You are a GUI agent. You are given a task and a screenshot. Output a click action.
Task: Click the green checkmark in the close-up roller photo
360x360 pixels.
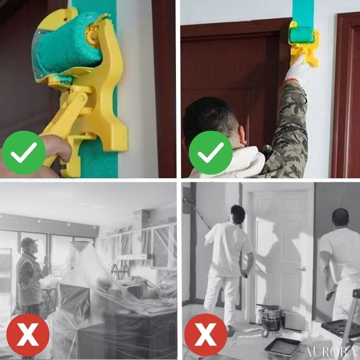[24, 153]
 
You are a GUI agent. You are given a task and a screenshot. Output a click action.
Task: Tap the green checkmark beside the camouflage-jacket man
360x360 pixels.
[211, 153]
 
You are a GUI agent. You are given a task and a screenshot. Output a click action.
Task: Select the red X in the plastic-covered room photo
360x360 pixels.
[28, 335]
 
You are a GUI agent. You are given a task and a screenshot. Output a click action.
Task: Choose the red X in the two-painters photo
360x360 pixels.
[206, 335]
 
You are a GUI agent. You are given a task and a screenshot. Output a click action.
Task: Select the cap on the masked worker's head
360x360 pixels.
[28, 242]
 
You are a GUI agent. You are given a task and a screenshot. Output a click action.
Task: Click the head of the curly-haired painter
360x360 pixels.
[238, 214]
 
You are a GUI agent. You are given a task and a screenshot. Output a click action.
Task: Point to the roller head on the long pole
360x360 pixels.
[189, 200]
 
